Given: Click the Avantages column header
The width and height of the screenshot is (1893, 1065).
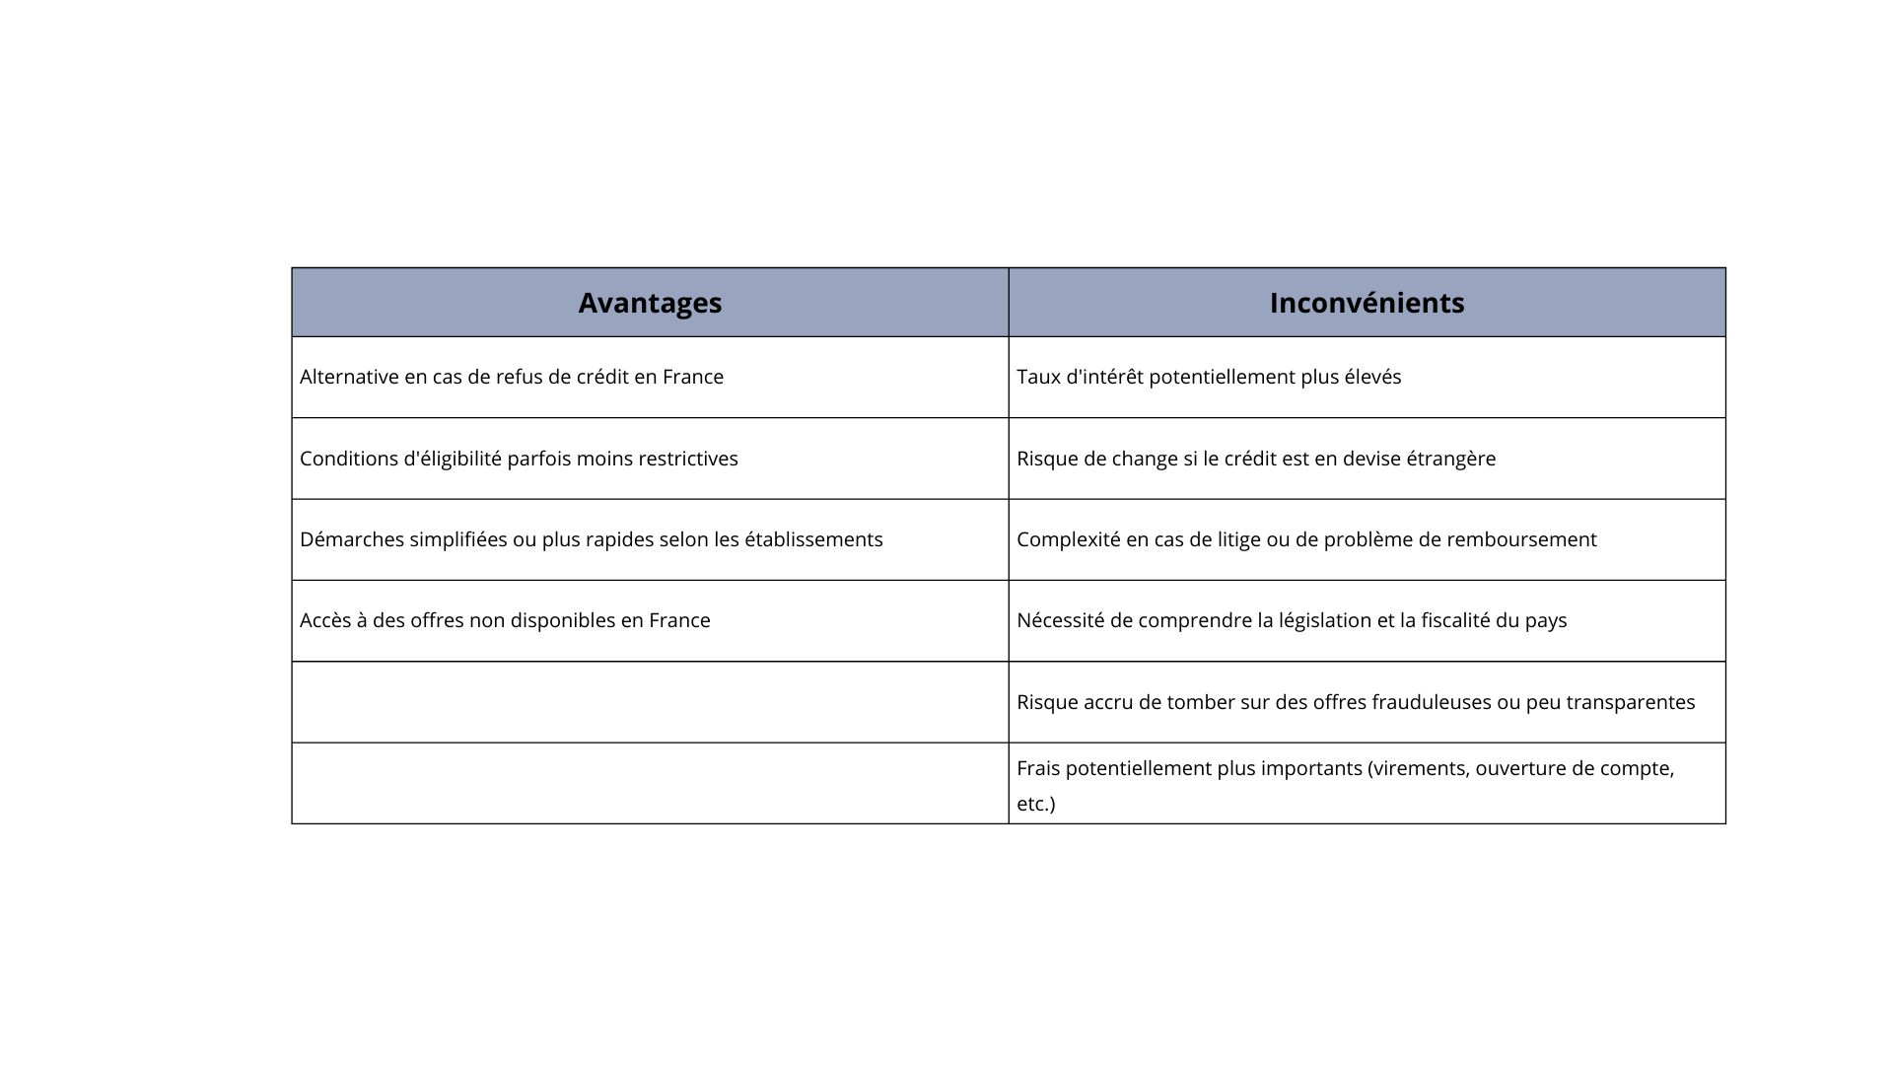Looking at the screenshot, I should click(650, 303).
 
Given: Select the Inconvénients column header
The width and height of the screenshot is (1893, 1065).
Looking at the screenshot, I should click(1367, 303).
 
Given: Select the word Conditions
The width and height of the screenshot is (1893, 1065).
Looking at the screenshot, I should click(349, 459).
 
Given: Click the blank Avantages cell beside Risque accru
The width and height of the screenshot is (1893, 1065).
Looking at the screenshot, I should click(650, 702).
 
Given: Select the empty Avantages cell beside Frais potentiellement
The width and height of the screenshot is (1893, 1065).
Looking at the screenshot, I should click(650, 783).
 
